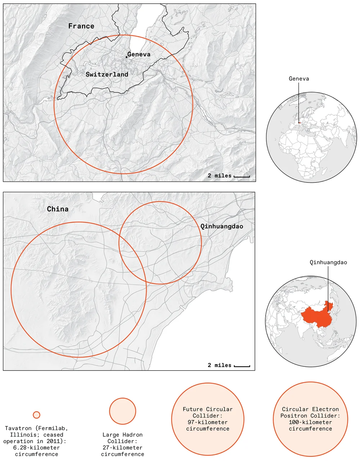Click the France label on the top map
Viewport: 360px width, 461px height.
tap(81, 26)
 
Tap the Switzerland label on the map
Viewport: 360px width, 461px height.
tap(107, 74)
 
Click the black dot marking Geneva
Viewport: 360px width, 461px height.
tap(126, 57)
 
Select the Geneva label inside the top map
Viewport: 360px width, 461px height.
tap(139, 54)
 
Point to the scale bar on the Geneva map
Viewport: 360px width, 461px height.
tap(242, 177)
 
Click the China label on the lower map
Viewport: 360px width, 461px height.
tap(58, 209)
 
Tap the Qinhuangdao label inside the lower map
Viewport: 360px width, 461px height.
tap(222, 226)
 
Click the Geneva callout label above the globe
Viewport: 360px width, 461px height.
tap(299, 78)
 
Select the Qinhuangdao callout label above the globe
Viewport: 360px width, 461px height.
tap(328, 262)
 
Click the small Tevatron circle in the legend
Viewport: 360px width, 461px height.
tap(36, 415)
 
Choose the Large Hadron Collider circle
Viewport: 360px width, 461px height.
tap(123, 411)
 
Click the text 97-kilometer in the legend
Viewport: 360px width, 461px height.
tap(208, 422)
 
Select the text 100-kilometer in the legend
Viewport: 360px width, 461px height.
tap(310, 422)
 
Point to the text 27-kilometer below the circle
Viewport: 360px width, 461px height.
tap(122, 448)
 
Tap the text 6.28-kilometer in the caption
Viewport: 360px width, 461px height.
tap(36, 448)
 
